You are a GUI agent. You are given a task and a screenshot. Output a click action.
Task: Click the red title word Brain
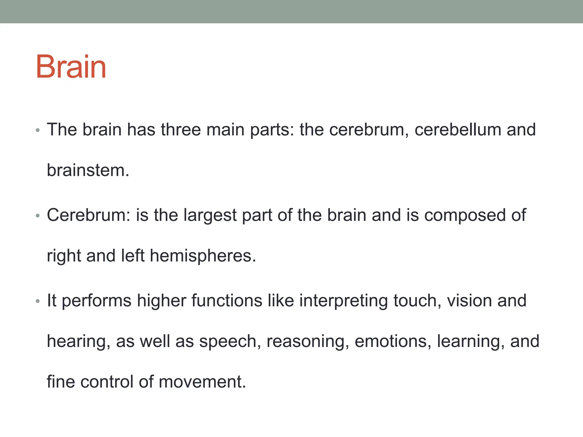click(x=71, y=67)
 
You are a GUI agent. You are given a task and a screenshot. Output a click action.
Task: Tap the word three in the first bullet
click(x=180, y=130)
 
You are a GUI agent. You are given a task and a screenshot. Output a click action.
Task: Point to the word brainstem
click(x=88, y=170)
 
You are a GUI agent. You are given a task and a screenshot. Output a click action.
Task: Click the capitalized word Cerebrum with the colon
click(x=89, y=215)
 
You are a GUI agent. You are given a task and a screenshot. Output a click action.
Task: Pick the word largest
click(x=210, y=215)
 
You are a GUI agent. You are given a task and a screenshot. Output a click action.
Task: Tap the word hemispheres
click(x=203, y=256)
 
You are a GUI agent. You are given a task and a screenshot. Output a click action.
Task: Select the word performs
click(x=97, y=301)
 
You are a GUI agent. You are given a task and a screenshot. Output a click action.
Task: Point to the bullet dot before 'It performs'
click(x=38, y=301)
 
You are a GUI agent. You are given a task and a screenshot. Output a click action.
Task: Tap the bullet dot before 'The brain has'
click(x=38, y=131)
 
